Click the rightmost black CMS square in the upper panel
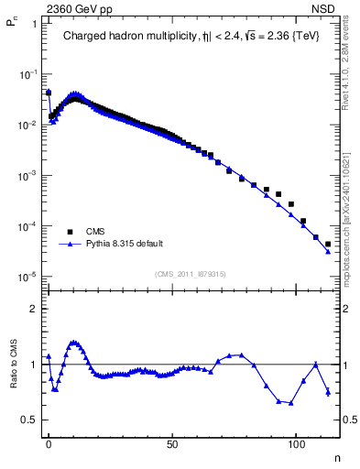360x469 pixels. pyautogui.click(x=328, y=245)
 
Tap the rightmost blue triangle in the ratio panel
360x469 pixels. pyautogui.click(x=328, y=392)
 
